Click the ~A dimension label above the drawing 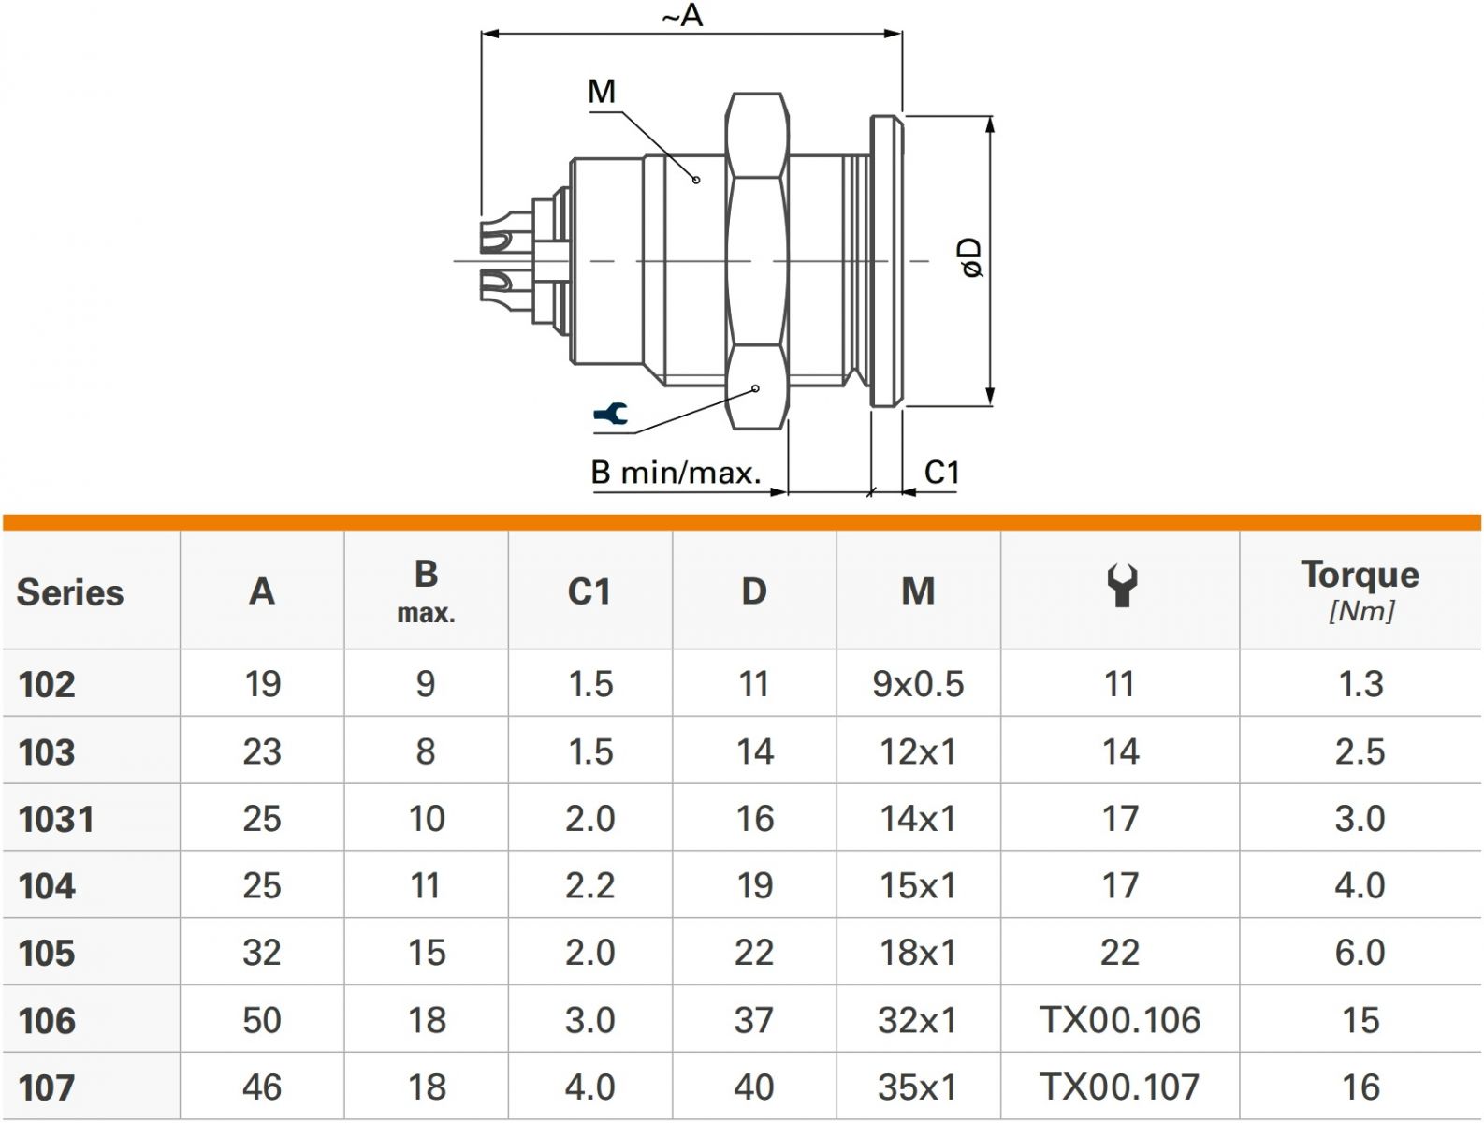point(682,16)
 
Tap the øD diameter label point(971,258)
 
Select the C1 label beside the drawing point(941,473)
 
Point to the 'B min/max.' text point(676,473)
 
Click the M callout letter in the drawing point(602,92)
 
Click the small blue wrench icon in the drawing point(611,414)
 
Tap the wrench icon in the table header point(1120,588)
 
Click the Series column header point(70,592)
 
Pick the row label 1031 point(56,819)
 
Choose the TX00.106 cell point(1120,1020)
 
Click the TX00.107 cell point(1120,1087)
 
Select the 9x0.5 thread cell point(918,684)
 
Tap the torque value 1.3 point(1360,684)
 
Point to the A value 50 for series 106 point(262,1020)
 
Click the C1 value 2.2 point(589,885)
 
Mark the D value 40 point(754,1087)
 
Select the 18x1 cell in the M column point(918,953)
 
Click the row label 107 point(47,1087)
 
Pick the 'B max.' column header point(426,591)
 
